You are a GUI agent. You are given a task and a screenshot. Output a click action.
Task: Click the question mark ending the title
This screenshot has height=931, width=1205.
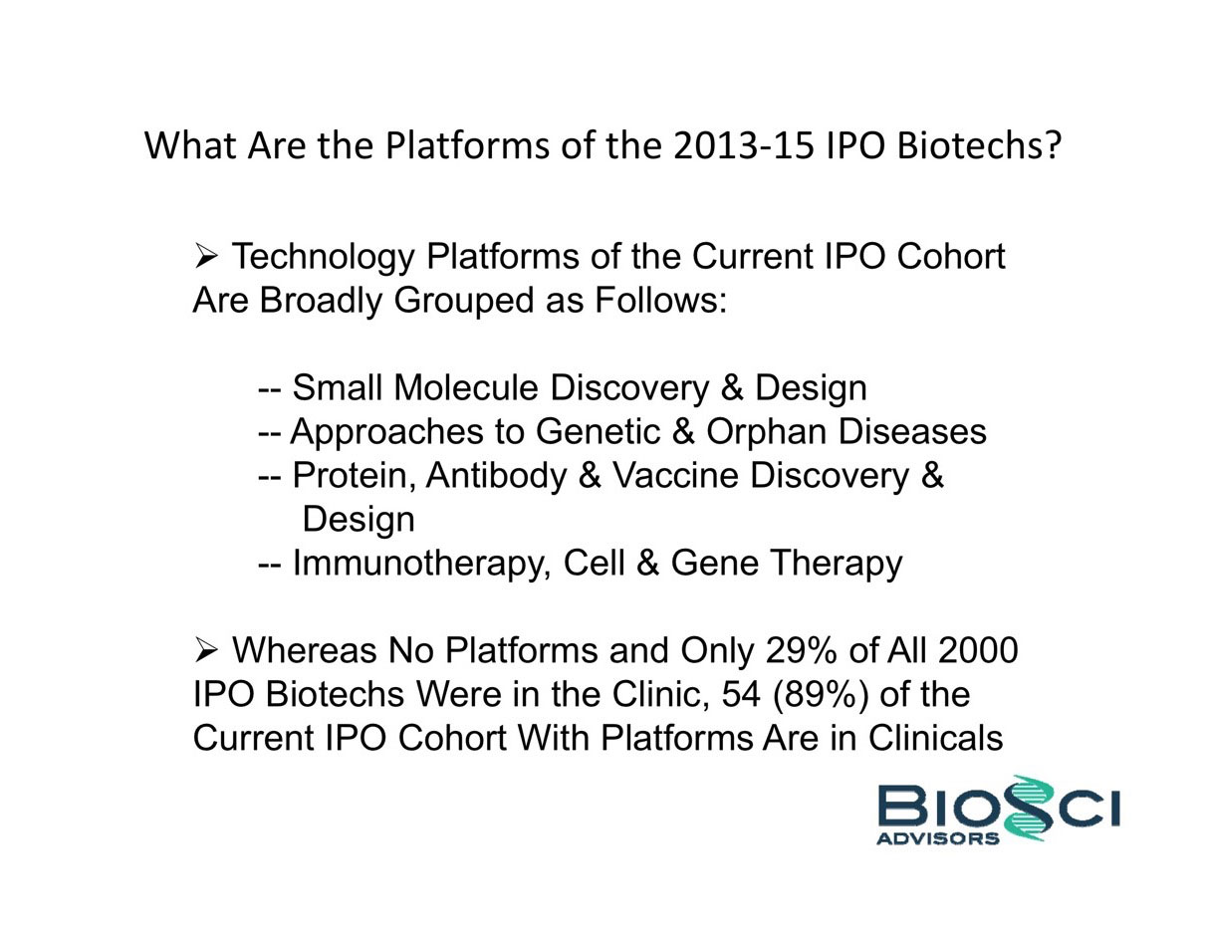pyautogui.click(x=1051, y=145)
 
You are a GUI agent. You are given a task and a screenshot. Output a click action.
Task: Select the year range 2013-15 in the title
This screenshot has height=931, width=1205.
pyautogui.click(x=743, y=145)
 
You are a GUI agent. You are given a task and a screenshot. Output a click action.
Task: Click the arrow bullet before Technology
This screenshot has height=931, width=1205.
pyautogui.click(x=205, y=257)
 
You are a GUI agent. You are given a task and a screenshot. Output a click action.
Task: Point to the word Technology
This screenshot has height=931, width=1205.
pyautogui.click(x=324, y=258)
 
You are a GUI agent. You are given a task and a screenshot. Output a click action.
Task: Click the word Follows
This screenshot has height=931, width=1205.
pyautogui.click(x=660, y=300)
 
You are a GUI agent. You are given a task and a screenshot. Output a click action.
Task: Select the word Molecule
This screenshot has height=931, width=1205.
pyautogui.click(x=466, y=387)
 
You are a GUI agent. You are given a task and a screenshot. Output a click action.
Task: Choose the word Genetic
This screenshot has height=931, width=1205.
pyautogui.click(x=598, y=431)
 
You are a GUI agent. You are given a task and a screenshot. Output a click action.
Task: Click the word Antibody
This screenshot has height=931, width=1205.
pyautogui.click(x=496, y=476)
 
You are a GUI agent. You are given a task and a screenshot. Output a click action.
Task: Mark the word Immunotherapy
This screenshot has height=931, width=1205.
pyautogui.click(x=421, y=564)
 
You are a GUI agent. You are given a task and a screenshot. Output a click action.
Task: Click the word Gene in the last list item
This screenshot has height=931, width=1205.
pyautogui.click(x=715, y=563)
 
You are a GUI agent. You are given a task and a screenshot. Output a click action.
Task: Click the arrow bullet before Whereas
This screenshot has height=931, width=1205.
pyautogui.click(x=205, y=651)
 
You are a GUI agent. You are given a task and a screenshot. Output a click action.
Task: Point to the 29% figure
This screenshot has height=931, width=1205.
pyautogui.click(x=801, y=650)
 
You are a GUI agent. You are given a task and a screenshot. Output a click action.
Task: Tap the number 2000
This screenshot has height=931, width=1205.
pyautogui.click(x=978, y=650)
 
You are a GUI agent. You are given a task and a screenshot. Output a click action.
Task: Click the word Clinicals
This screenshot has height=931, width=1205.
pyautogui.click(x=935, y=738)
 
